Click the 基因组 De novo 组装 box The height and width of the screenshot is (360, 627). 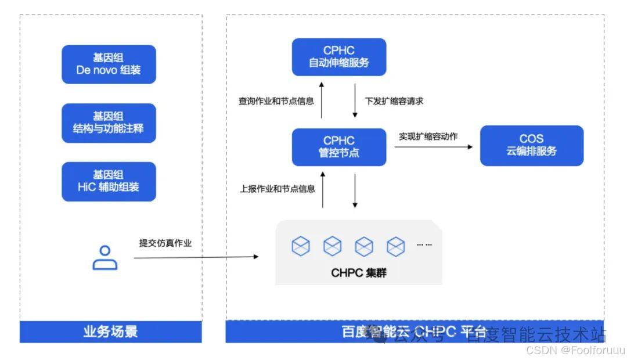[x=109, y=64]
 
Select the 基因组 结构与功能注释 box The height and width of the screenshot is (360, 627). [x=109, y=123]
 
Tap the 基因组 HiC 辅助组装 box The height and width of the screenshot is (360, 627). [x=109, y=181]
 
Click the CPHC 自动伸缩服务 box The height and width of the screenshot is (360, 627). [x=338, y=57]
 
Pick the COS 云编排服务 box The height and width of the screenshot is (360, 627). [x=531, y=145]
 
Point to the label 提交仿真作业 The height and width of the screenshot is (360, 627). [x=165, y=243]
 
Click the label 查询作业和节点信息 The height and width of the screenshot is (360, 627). [x=276, y=101]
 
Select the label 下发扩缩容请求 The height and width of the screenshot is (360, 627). [x=394, y=101]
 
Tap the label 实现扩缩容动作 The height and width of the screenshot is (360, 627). [x=428, y=137]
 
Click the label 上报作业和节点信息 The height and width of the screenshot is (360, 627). [x=278, y=189]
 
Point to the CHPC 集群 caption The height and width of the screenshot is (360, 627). [x=358, y=272]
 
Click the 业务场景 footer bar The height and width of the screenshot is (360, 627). [x=111, y=332]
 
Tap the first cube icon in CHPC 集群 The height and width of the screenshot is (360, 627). [x=301, y=246]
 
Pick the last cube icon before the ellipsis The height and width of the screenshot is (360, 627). [x=395, y=246]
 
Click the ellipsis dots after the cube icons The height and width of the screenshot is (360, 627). [x=424, y=245]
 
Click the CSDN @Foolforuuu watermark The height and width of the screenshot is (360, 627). [x=575, y=350]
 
